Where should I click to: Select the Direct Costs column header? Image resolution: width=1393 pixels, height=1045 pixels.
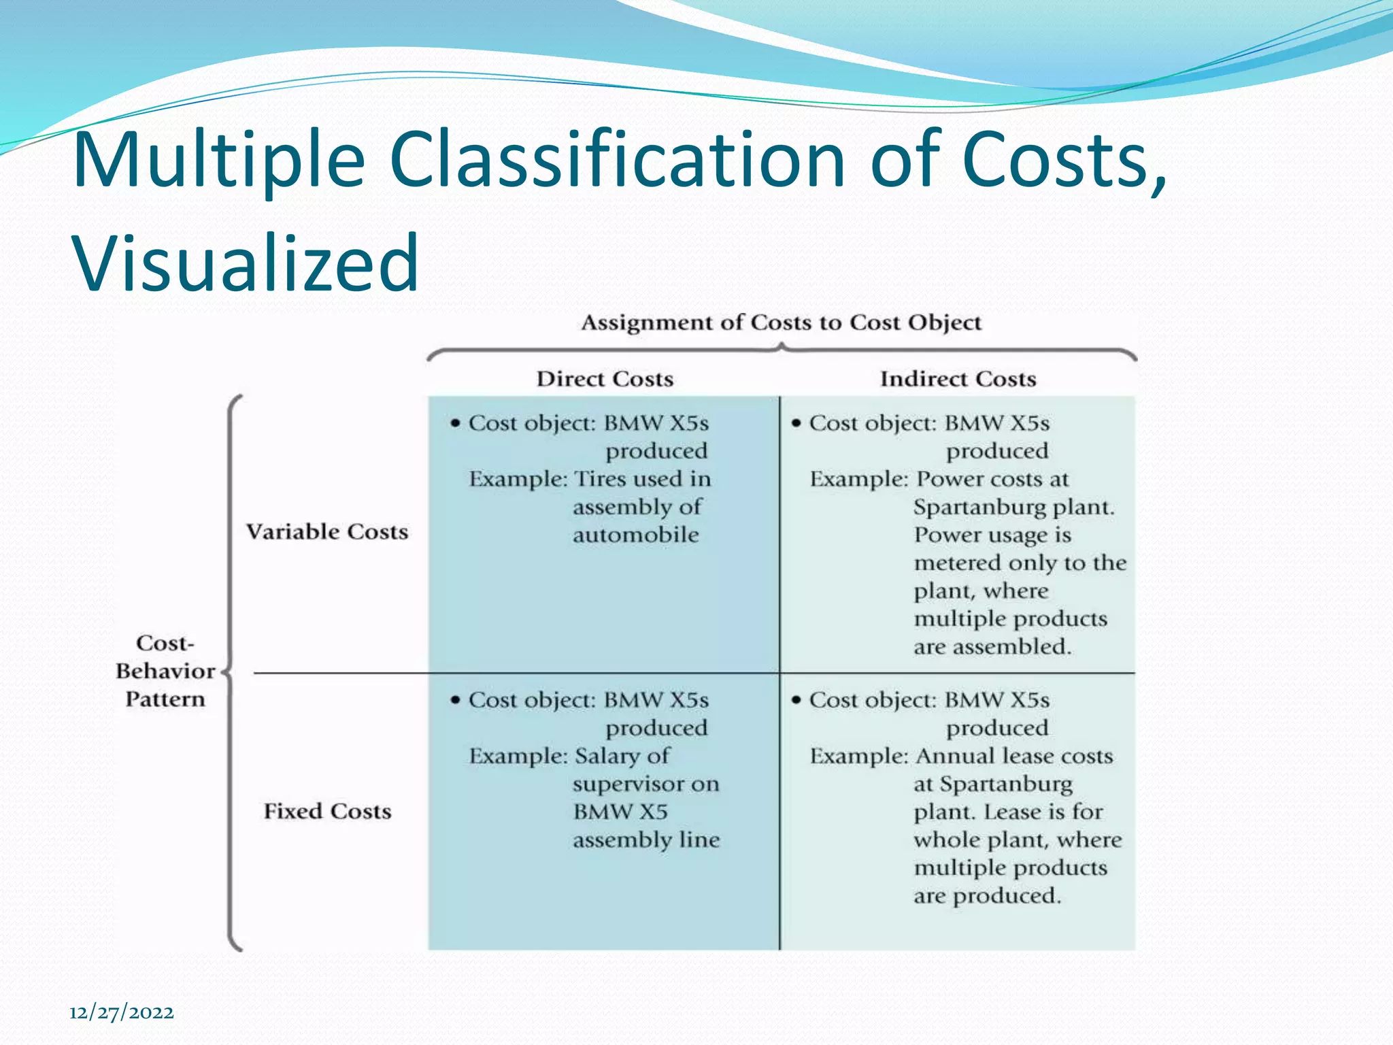pos(605,379)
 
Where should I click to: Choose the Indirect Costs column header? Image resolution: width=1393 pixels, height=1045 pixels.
pos(958,379)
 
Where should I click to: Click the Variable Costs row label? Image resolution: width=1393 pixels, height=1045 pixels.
pos(327,531)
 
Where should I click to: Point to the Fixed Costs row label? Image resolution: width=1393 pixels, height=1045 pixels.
pos(327,811)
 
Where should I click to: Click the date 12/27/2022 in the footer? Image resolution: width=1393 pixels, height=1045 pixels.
pos(122,1012)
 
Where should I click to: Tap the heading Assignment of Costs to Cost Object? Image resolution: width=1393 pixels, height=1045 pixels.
pos(781,322)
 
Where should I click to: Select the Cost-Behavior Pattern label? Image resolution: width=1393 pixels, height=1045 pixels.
pos(165,671)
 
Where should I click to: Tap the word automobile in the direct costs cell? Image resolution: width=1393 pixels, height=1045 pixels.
pos(635,535)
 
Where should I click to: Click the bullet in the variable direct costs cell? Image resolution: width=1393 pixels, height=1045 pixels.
pos(455,423)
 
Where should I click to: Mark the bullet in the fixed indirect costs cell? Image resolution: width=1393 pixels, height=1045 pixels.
pos(796,700)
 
